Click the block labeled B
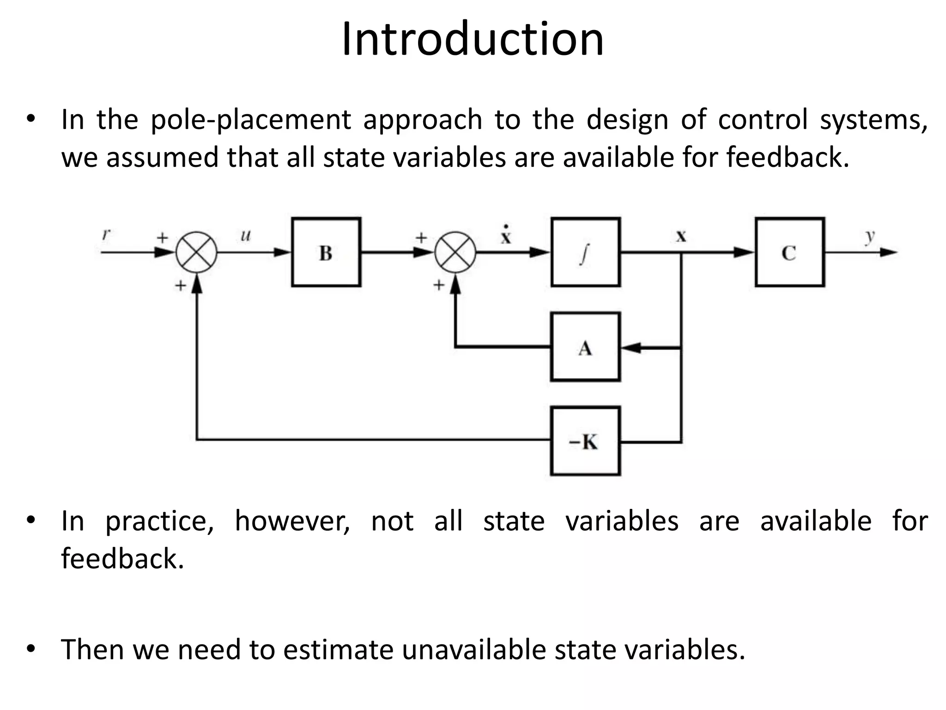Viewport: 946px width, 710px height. coord(326,252)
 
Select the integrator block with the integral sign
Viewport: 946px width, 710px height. coord(585,252)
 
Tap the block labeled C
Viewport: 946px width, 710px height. coord(790,252)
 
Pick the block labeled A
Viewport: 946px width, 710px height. coord(585,347)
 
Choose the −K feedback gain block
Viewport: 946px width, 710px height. coord(585,441)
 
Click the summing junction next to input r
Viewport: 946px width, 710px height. coord(197,252)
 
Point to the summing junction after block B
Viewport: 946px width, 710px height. coord(455,252)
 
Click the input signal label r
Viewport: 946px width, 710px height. coord(106,234)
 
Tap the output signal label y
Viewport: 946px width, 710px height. coord(870,236)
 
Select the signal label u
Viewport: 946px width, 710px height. coord(245,235)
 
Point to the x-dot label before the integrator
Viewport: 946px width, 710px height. coord(506,236)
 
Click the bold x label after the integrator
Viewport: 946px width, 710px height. coord(681,237)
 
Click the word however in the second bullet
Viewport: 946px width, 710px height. coord(292,521)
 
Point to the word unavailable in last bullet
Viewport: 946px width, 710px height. coord(473,649)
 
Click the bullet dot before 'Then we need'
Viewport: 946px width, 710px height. coord(30,649)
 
